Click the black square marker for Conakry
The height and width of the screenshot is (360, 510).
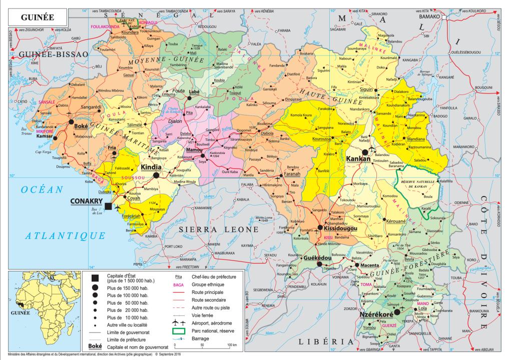(108, 206)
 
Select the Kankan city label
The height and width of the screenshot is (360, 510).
(358, 158)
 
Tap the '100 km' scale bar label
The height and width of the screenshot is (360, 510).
(231, 345)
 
